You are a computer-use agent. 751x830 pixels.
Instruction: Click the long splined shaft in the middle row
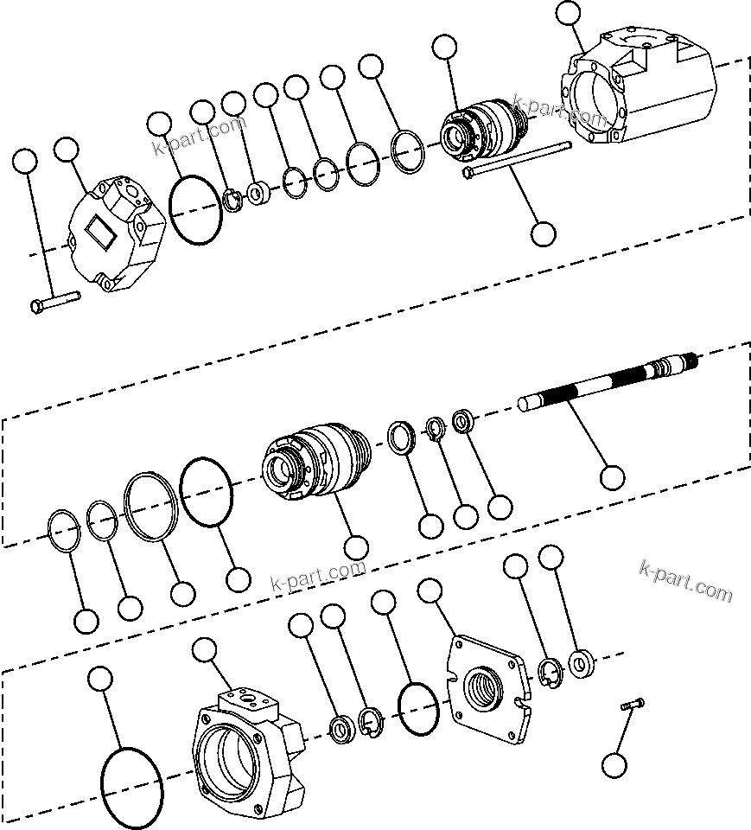[x=605, y=384]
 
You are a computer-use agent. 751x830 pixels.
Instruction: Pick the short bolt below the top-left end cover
[x=54, y=302]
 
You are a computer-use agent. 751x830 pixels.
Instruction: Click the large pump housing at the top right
[x=640, y=92]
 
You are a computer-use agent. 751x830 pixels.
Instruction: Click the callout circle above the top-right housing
[x=568, y=13]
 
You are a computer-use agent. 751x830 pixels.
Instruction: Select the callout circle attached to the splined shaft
[x=612, y=476]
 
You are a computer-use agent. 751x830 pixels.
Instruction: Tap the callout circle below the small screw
[x=614, y=764]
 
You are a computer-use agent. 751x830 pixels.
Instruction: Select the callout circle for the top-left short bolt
[x=26, y=161]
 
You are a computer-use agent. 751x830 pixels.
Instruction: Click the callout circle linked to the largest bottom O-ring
[x=100, y=679]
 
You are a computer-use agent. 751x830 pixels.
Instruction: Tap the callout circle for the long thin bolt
[x=544, y=233]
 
